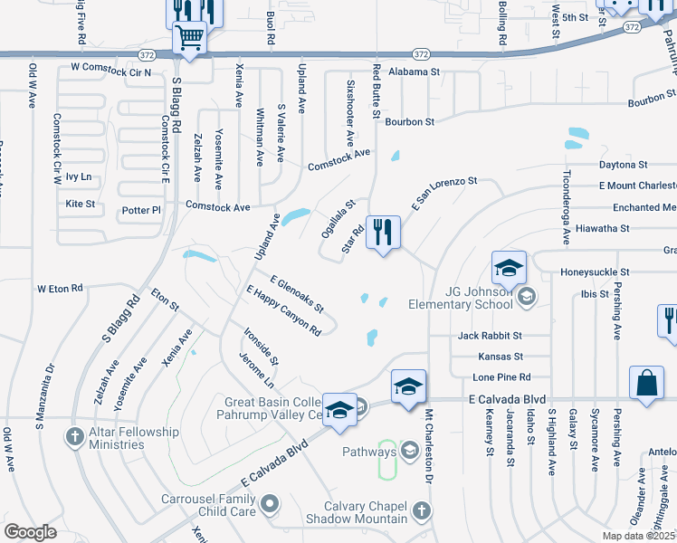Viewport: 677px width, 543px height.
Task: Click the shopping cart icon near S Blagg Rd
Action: [189, 39]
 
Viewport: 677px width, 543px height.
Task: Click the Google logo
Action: [30, 531]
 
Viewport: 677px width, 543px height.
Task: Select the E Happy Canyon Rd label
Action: [283, 310]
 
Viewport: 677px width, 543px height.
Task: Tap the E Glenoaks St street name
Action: [296, 294]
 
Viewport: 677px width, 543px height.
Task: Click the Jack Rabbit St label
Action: [490, 336]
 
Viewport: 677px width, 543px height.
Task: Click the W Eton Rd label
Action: [59, 289]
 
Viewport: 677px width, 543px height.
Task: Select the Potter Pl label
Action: [140, 210]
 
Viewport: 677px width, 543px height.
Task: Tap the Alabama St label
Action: [414, 71]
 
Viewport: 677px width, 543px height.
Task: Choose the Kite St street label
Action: [80, 205]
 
